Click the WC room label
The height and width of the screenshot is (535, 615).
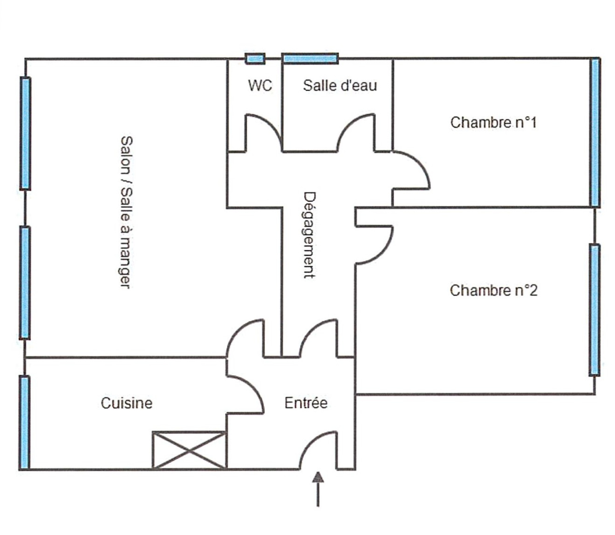[260, 85]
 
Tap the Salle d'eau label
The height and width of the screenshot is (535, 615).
[340, 85]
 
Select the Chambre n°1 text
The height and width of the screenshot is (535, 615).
[493, 123]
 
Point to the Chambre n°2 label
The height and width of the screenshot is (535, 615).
[494, 291]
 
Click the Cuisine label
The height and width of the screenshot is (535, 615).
[126, 403]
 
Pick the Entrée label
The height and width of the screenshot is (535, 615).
[306, 403]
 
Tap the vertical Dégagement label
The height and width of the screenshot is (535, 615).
[309, 235]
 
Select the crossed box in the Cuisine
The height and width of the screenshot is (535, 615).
[189, 450]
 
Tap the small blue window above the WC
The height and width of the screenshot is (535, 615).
[255, 59]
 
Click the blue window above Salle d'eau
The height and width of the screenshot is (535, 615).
[310, 59]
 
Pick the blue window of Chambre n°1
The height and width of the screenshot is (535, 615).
[595, 133]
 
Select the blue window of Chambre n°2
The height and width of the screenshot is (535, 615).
[594, 310]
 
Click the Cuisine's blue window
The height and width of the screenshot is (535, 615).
[24, 422]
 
